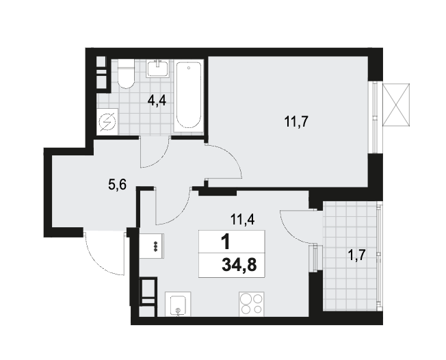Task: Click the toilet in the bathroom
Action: pyautogui.click(x=126, y=74)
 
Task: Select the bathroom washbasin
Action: pyautogui.click(x=157, y=68)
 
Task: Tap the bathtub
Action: pyautogui.click(x=188, y=97)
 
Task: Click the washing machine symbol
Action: pyautogui.click(x=107, y=122)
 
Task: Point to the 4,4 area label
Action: pyautogui.click(x=157, y=101)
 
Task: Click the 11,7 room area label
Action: pyautogui.click(x=296, y=122)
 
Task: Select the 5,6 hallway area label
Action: pyautogui.click(x=117, y=185)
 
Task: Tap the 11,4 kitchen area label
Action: pyautogui.click(x=243, y=220)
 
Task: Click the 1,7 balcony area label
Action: pyautogui.click(x=356, y=255)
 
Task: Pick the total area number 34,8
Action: pyautogui.click(x=239, y=266)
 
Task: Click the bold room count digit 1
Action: pyautogui.click(x=225, y=242)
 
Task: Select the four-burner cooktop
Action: pyautogui.click(x=252, y=304)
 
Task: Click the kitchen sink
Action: pyautogui.click(x=178, y=304)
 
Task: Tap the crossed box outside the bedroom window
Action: pyautogui.click(x=397, y=105)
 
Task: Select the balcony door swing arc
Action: pyautogui.click(x=291, y=231)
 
